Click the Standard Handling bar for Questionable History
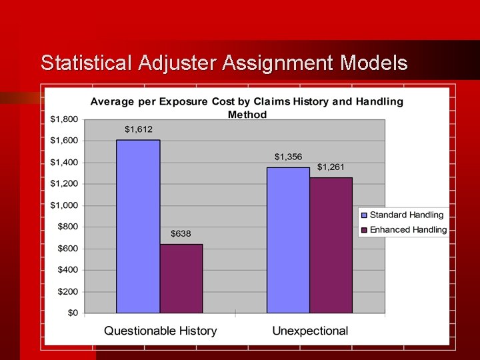click(x=138, y=226)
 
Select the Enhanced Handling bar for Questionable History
click(x=181, y=279)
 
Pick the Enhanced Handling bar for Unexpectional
click(x=331, y=245)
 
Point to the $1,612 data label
click(x=138, y=129)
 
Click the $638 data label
click(x=181, y=233)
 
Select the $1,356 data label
click(x=288, y=157)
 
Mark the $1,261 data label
click(x=331, y=167)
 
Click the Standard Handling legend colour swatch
click(x=364, y=215)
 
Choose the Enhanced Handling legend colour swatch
click(x=364, y=229)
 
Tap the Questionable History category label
click(x=160, y=331)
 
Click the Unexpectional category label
click(x=310, y=331)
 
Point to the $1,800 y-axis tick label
click(x=65, y=119)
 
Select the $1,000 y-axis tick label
click(x=65, y=205)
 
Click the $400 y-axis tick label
click(x=67, y=270)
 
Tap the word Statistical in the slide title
click(x=87, y=63)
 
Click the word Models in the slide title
click(x=373, y=63)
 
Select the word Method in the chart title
click(x=247, y=115)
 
